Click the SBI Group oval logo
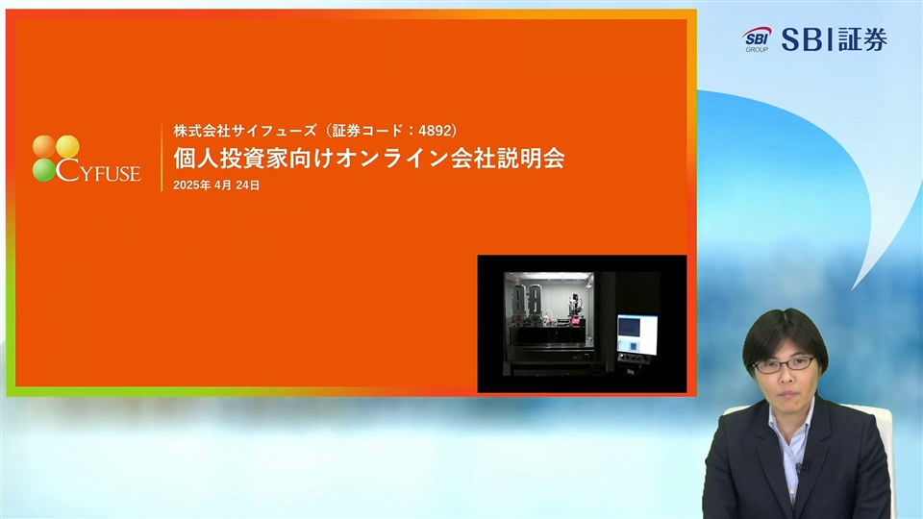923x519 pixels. tap(757, 37)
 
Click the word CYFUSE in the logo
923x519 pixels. tap(98, 171)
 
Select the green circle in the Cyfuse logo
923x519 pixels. tap(44, 170)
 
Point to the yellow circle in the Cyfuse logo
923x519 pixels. tap(67, 146)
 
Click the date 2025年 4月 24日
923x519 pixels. tap(216, 185)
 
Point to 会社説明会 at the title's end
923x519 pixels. tap(508, 159)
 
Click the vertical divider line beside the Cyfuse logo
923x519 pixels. tap(162, 157)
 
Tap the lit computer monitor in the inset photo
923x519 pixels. tap(637, 334)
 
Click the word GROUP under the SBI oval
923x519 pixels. tap(757, 50)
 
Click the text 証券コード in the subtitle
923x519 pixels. tap(368, 131)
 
